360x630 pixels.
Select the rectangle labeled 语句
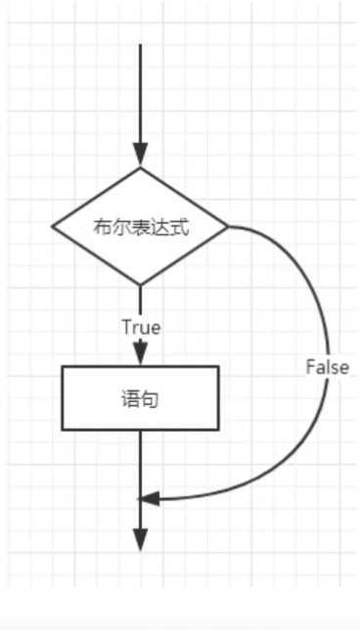[x=140, y=398]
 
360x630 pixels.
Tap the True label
[x=141, y=328]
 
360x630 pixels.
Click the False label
[x=327, y=368]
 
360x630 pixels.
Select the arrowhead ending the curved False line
[x=149, y=499]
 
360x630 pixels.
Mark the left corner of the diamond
[x=53, y=227]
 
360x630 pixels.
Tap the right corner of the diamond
[x=228, y=227]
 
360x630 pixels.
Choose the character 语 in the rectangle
[x=130, y=399]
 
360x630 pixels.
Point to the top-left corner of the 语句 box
[x=63, y=367]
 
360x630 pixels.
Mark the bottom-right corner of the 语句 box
[x=218, y=429]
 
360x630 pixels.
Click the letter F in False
[x=310, y=368]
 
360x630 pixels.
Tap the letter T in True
[x=125, y=328]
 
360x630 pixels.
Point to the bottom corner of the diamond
[x=140, y=285]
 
